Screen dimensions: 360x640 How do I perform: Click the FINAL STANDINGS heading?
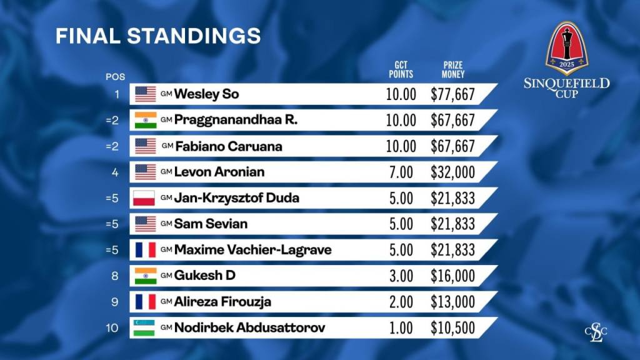tap(157, 36)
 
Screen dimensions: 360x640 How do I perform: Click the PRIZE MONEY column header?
tap(453, 69)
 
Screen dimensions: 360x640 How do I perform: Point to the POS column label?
tap(115, 77)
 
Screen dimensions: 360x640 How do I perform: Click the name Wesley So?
tap(206, 94)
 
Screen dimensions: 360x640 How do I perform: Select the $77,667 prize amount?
tap(453, 95)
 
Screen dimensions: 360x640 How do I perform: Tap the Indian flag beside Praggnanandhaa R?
tap(145, 120)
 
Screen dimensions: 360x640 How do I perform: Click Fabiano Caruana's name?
tap(228, 146)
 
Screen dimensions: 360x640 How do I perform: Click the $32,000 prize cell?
tap(453, 172)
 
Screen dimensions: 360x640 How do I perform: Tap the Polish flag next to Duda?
tap(145, 198)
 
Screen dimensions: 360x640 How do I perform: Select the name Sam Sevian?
tap(211, 224)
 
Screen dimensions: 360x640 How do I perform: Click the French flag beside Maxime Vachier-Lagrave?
tap(145, 250)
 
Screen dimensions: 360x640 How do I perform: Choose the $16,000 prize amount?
tap(453, 276)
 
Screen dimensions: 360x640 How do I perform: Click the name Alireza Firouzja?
tap(222, 302)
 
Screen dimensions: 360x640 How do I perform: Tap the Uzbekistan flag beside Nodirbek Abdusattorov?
tap(145, 327)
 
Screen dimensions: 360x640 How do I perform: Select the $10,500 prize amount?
tap(453, 327)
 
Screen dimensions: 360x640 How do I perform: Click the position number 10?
tap(112, 327)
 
